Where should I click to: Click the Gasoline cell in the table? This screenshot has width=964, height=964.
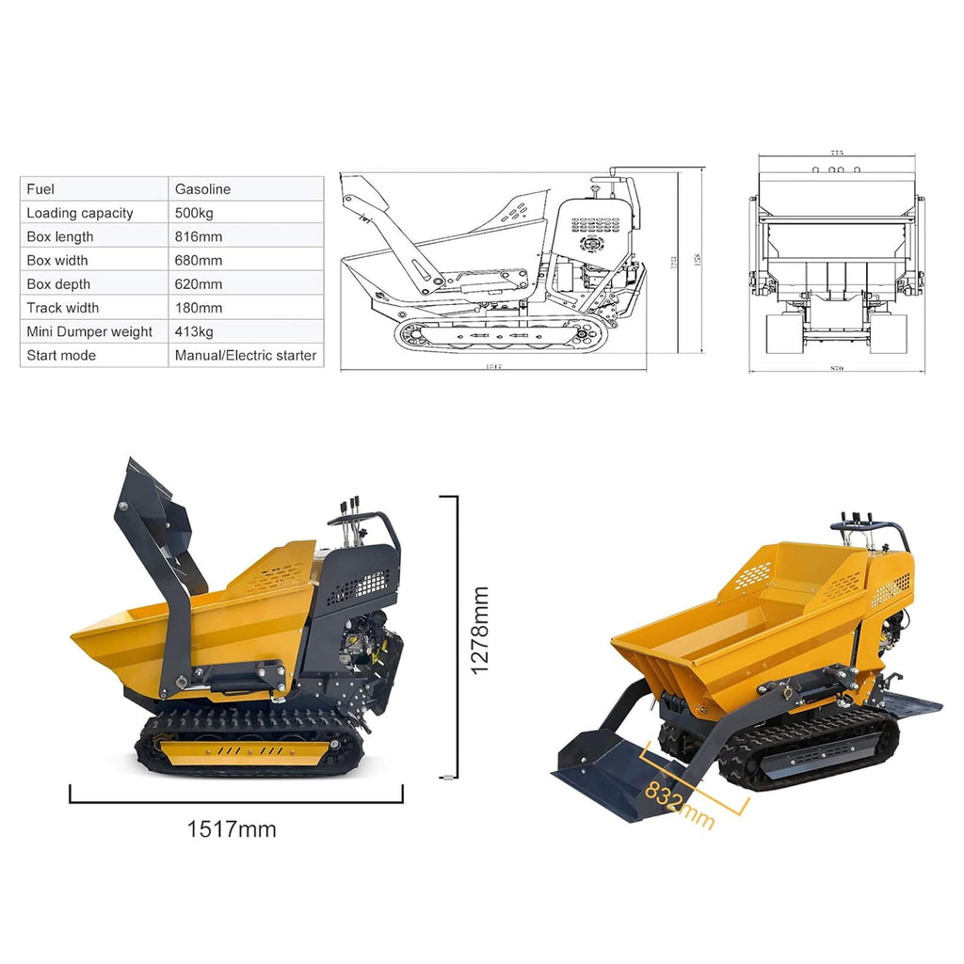[x=202, y=189]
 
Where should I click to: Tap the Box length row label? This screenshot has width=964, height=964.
[x=60, y=236]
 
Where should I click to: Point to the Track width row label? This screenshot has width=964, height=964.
[x=62, y=308]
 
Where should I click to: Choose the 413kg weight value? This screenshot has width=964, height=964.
[x=194, y=331]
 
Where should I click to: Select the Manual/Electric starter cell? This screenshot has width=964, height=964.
[x=246, y=356]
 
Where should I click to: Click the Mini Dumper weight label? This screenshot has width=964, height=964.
[x=89, y=331]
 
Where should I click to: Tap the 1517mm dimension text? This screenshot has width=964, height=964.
[x=232, y=829]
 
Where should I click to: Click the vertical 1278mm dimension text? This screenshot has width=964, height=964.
[x=480, y=630]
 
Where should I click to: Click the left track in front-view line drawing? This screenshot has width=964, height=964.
[x=782, y=333]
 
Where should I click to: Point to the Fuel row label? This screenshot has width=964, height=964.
[x=40, y=189]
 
